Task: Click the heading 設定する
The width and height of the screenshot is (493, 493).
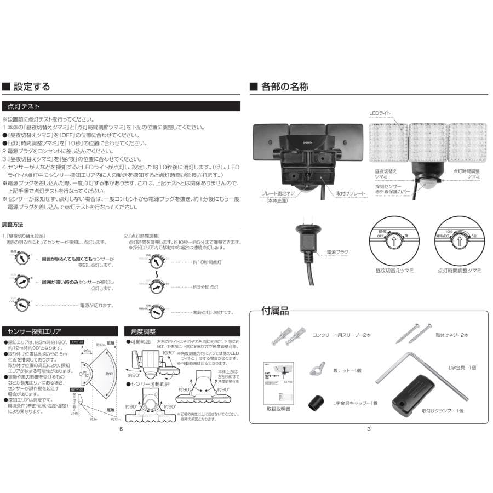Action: click(31, 87)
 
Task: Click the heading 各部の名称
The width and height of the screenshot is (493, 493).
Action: click(284, 87)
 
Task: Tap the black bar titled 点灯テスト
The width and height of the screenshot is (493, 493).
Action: click(122, 106)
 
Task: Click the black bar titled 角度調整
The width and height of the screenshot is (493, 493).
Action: click(184, 331)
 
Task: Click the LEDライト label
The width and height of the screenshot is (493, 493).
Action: click(380, 113)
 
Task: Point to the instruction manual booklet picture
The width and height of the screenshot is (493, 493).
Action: click(277, 381)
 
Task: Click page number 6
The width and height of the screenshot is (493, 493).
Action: click(121, 429)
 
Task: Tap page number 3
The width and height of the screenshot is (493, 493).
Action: click(369, 429)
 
